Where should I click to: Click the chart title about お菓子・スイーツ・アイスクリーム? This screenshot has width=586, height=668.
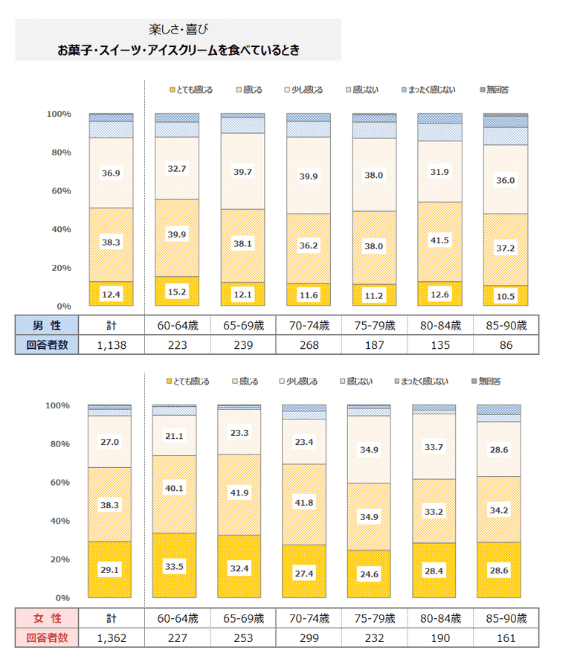pos(178,51)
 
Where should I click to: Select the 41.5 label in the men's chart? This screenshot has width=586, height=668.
pos(440,240)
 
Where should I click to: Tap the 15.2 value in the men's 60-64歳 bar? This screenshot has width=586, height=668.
pos(177,292)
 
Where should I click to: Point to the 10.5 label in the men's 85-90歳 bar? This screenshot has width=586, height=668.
pos(506,295)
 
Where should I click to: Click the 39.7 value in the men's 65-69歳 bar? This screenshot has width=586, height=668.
pos(243,173)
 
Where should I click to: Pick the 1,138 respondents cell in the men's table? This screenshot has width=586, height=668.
pos(111,345)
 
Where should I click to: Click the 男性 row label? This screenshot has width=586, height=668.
pos(46,325)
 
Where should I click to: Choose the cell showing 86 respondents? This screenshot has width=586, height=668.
pos(506,345)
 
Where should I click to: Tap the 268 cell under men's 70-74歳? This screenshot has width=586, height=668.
pos(309,345)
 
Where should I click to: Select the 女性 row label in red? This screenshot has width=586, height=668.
pos(46,617)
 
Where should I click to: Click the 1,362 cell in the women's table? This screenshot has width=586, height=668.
pos(111,638)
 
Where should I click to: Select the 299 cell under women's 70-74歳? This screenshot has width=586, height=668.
pos(309,638)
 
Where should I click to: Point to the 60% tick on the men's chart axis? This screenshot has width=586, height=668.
pos(59,191)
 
